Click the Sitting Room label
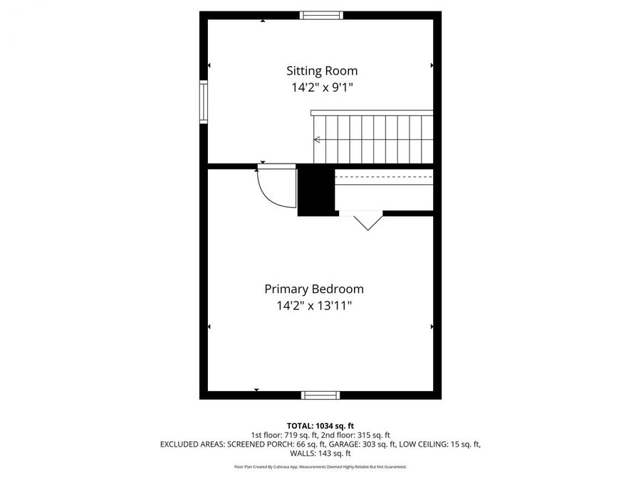pos(322,71)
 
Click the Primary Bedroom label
pos(314,289)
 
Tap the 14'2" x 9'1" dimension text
pos(322,88)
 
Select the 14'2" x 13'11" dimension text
pos(314,306)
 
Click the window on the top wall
pos(321,15)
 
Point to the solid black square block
pos(316,190)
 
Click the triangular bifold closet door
pos(368,221)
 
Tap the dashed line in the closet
pos(383,175)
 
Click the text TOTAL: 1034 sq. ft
pos(320,425)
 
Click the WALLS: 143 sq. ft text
pos(320,454)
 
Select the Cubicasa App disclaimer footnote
pos(320,467)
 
